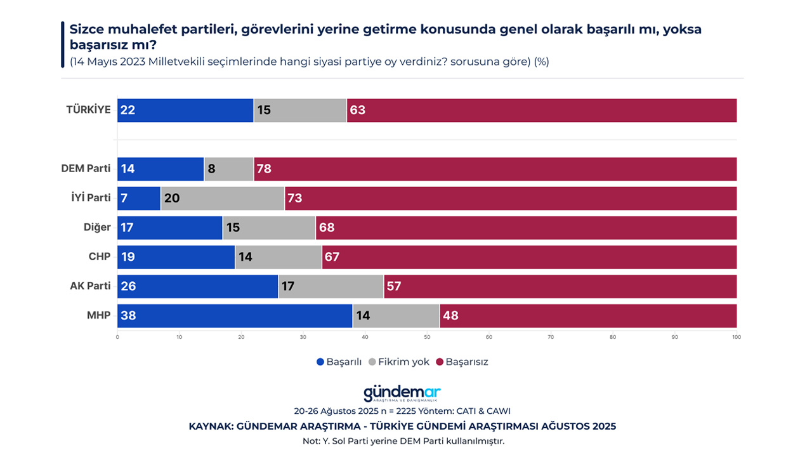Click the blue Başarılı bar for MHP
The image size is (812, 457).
tap(235, 315)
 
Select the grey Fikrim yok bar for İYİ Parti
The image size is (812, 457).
tap(223, 198)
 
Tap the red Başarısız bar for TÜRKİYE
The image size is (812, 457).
tap(542, 110)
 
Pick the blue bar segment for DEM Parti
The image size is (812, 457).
tap(160, 169)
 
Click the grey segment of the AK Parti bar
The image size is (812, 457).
tap(331, 286)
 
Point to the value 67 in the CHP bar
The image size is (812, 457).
tap(332, 257)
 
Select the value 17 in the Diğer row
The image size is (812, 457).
tap(128, 227)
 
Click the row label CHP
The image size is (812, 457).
tap(100, 256)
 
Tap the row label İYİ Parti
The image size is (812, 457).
tap(90, 197)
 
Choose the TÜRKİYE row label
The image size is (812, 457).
tap(88, 109)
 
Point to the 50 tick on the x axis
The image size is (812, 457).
tap(427, 336)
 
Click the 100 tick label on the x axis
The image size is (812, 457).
tap(736, 336)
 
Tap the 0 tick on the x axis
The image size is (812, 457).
tap(117, 336)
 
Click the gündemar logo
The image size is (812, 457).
tap(402, 394)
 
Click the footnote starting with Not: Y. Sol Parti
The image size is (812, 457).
tap(403, 440)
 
